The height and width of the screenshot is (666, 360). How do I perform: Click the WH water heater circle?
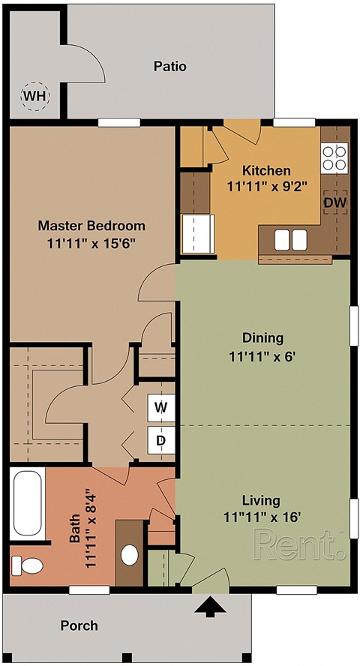click(x=32, y=96)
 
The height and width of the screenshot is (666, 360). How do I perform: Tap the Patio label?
click(x=169, y=67)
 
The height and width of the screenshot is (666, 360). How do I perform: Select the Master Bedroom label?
click(x=91, y=225)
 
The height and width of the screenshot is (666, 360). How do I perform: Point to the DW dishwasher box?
click(x=334, y=202)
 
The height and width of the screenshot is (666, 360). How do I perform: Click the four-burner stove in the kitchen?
click(x=334, y=157)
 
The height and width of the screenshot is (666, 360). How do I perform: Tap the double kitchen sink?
click(x=290, y=239)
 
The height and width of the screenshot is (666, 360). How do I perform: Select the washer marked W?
click(x=160, y=407)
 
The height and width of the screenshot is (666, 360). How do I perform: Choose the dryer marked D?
click(x=160, y=440)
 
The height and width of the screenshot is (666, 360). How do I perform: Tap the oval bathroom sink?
click(x=130, y=556)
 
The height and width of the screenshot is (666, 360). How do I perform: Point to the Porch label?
click(x=79, y=625)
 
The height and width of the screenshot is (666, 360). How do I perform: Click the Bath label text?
click(x=73, y=529)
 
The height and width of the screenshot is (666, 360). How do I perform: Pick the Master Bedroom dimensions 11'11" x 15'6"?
click(x=91, y=243)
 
